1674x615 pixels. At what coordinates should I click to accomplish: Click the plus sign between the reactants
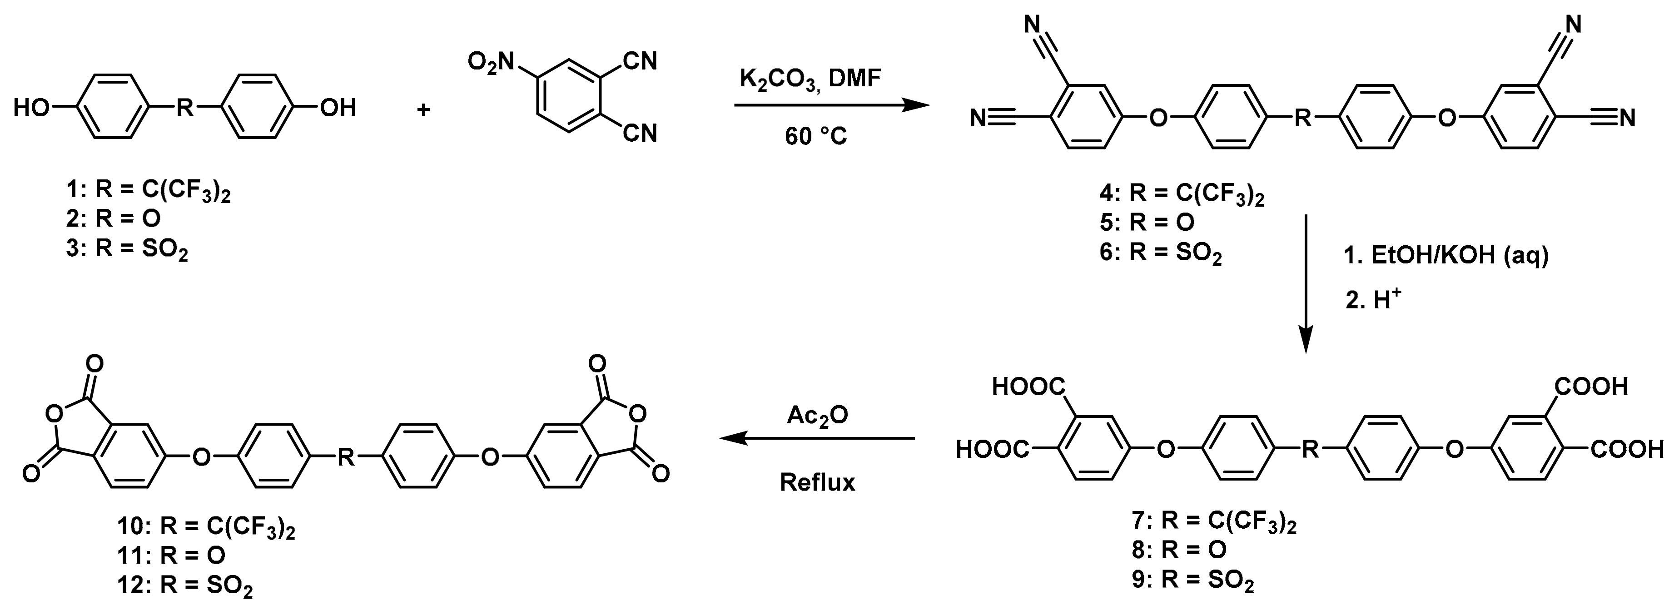click(423, 110)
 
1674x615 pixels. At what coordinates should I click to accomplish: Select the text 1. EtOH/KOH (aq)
click(1446, 256)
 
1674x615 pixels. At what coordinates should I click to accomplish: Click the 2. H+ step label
click(1372, 301)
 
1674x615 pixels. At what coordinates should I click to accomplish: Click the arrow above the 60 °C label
click(831, 106)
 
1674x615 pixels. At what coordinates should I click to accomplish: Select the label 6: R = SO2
click(1161, 253)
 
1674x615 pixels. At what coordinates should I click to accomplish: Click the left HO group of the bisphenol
click(31, 108)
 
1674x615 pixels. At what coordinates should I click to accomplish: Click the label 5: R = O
click(1147, 223)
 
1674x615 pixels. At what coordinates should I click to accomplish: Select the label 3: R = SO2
click(127, 249)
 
